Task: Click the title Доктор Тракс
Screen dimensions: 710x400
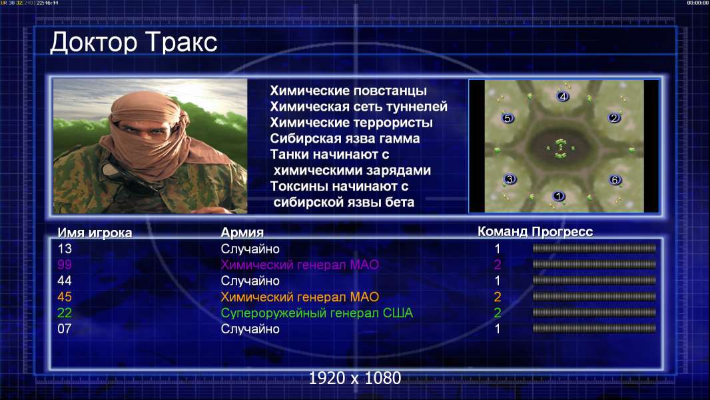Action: [x=134, y=43]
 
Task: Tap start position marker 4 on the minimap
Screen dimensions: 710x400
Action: [x=563, y=96]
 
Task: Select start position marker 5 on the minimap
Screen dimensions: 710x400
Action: [x=508, y=118]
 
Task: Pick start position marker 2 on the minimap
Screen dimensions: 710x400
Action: [x=615, y=118]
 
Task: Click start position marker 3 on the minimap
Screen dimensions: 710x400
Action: [x=510, y=179]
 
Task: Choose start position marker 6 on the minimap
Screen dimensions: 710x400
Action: [x=615, y=180]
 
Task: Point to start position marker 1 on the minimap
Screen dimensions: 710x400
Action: [x=559, y=196]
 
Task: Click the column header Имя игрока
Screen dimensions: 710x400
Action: [x=95, y=233]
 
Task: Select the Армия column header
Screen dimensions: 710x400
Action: [x=242, y=233]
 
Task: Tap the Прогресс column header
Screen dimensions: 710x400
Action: [x=562, y=231]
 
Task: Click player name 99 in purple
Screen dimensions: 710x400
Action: [x=65, y=265]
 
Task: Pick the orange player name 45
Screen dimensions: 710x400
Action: [x=65, y=297]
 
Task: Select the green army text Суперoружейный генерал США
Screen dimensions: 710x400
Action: [x=316, y=313]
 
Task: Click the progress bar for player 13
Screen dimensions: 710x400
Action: [x=594, y=248]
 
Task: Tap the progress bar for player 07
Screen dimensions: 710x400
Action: [x=594, y=329]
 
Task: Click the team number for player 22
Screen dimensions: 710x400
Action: [x=497, y=313]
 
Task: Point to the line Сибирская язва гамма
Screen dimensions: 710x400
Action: [x=344, y=139]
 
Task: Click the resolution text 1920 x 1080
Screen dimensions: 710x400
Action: [x=354, y=378]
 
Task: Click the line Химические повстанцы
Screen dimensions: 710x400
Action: [x=348, y=91]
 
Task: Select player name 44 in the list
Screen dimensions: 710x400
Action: [x=65, y=281]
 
